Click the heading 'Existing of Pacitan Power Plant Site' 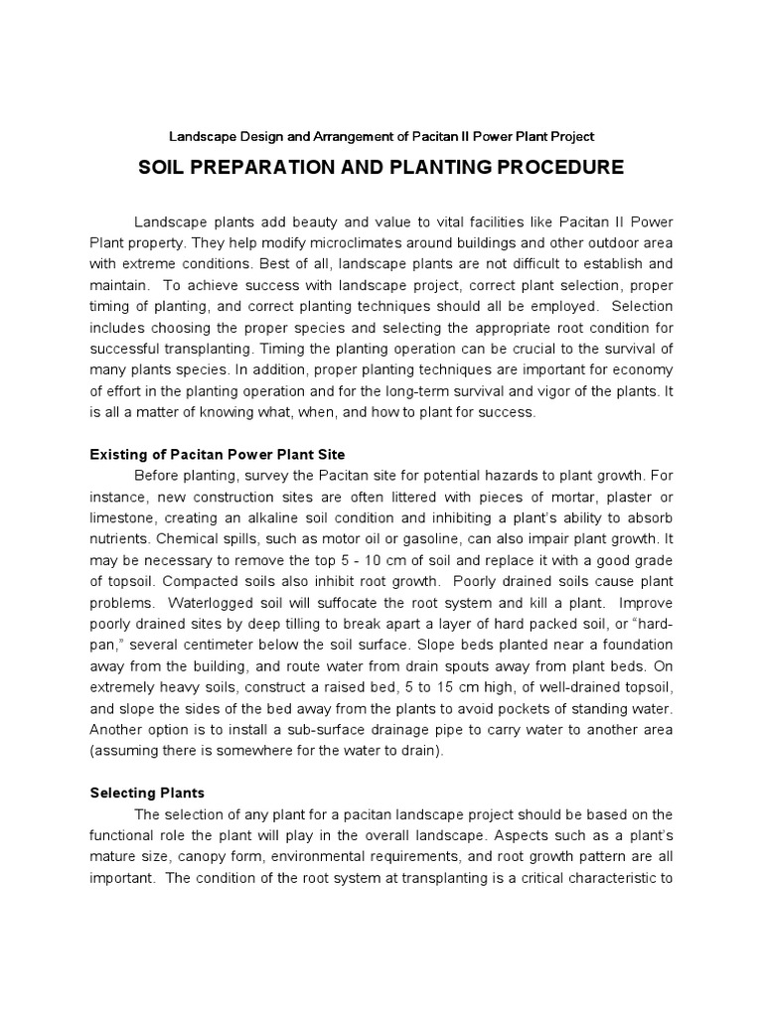218,454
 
